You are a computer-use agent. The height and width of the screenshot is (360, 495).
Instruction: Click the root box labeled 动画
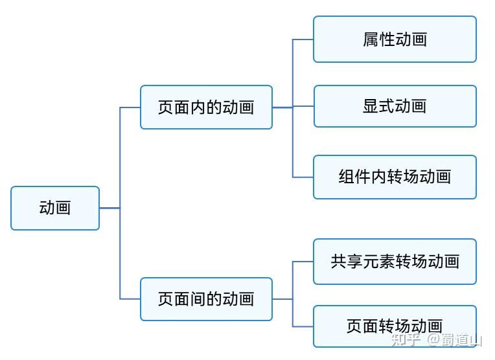pyautogui.click(x=55, y=208)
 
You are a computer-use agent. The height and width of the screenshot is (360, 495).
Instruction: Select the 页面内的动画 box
pyautogui.click(x=206, y=107)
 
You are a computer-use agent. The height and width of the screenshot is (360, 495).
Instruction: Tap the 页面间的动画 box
pyautogui.click(x=206, y=298)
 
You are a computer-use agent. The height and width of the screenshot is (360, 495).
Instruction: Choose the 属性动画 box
pyautogui.click(x=395, y=39)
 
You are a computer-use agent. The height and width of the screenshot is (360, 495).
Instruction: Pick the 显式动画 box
pyautogui.click(x=395, y=106)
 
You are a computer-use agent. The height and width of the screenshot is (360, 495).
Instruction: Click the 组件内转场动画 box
pyautogui.click(x=395, y=177)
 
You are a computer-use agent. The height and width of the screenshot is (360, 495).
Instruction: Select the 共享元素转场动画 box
pyautogui.click(x=395, y=262)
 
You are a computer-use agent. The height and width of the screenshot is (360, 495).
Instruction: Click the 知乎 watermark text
pyautogui.click(x=407, y=340)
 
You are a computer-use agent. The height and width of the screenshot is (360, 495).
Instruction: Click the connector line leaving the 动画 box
pyautogui.click(x=109, y=208)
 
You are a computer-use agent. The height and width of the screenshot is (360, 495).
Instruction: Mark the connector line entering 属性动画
pyautogui.click(x=303, y=39)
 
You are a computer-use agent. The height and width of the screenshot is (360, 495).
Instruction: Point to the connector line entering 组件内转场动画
pyautogui.click(x=303, y=177)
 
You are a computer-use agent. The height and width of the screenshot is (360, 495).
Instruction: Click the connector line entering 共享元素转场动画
pyautogui.click(x=303, y=262)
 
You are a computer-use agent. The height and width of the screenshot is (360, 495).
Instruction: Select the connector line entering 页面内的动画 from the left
pyautogui.click(x=130, y=107)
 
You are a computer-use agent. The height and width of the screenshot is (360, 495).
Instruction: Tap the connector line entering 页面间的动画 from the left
pyautogui.click(x=130, y=298)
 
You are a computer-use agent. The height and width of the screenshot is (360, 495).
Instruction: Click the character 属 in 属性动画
pyautogui.click(x=371, y=39)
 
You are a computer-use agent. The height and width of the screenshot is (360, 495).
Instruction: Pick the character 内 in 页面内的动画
pyautogui.click(x=198, y=107)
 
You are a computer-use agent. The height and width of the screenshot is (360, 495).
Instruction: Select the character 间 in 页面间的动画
pyautogui.click(x=198, y=298)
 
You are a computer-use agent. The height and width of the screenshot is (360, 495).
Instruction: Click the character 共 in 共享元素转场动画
pyautogui.click(x=339, y=262)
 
